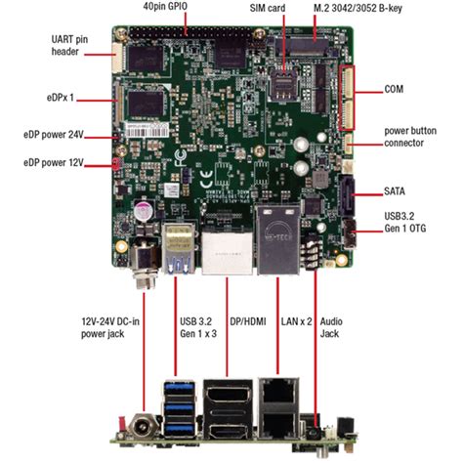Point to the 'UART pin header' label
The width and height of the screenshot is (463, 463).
point(73,45)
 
